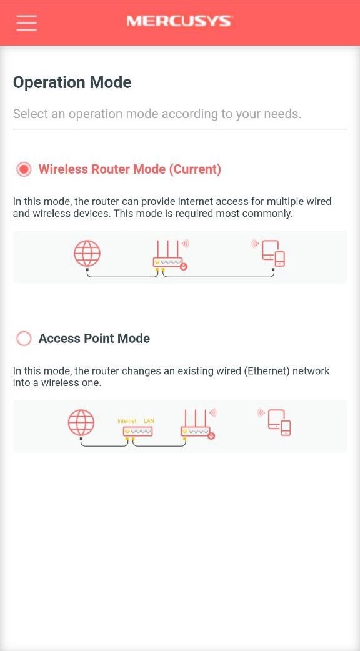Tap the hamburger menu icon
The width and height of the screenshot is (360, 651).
click(x=27, y=23)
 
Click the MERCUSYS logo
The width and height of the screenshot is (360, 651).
click(x=179, y=21)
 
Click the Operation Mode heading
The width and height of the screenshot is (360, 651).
click(x=72, y=82)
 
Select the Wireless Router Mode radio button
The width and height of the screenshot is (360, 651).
click(x=24, y=169)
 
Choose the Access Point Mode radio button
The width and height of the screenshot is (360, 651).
click(x=24, y=339)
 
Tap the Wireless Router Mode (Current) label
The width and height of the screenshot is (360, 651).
click(x=130, y=169)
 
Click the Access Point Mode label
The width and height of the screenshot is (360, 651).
click(x=94, y=339)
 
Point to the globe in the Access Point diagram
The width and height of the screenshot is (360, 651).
click(x=81, y=423)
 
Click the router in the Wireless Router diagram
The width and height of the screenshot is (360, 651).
click(x=169, y=256)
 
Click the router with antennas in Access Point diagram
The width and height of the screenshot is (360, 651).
click(x=197, y=424)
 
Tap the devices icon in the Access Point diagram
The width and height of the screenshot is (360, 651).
click(x=276, y=422)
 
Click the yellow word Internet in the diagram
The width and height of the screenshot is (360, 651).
click(x=127, y=421)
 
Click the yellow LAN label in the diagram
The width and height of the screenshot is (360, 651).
click(x=149, y=421)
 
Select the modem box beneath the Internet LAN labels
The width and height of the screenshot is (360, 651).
click(x=137, y=432)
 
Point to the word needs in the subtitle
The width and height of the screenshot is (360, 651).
click(x=284, y=114)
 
